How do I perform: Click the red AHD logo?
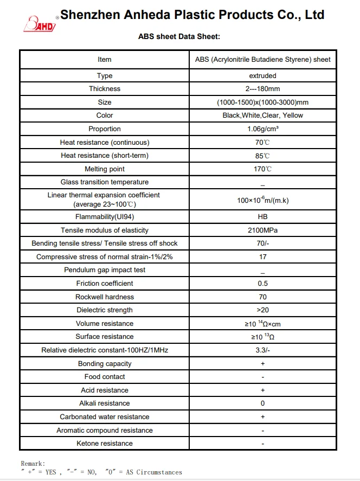pyautogui.click(x=39, y=23)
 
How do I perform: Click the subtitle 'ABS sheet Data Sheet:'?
pyautogui.click(x=179, y=37)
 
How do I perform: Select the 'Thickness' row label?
pyautogui.click(x=105, y=89)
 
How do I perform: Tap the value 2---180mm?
pyautogui.click(x=262, y=89)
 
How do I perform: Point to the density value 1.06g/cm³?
pyautogui.click(x=262, y=129)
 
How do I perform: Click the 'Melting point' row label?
pyautogui.click(x=105, y=169)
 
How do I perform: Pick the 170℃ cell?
pyautogui.click(x=262, y=169)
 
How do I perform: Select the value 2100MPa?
pyautogui.click(x=262, y=230)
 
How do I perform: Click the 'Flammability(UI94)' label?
pyautogui.click(x=105, y=217)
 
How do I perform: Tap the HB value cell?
pyautogui.click(x=262, y=217)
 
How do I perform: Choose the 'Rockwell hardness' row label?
pyautogui.click(x=105, y=297)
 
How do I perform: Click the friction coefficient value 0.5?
pyautogui.click(x=262, y=284)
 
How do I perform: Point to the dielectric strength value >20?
pyautogui.click(x=262, y=310)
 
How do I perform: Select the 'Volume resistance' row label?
pyautogui.click(x=105, y=324)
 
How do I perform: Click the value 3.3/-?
pyautogui.click(x=262, y=350)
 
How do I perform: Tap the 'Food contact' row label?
pyautogui.click(x=105, y=377)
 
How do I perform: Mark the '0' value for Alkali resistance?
pyautogui.click(x=262, y=403)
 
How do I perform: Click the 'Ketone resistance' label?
pyautogui.click(x=105, y=444)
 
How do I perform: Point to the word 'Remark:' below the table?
pyautogui.click(x=33, y=464)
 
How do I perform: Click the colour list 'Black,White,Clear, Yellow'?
pyautogui.click(x=262, y=116)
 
